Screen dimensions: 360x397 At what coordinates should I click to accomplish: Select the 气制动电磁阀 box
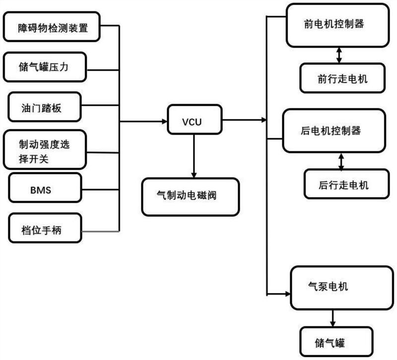coord(190,196)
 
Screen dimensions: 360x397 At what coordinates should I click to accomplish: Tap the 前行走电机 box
coord(341,78)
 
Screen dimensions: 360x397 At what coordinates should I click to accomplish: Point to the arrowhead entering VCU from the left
coord(164,120)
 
